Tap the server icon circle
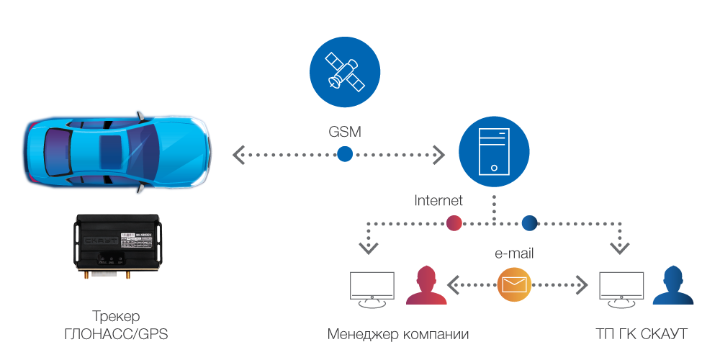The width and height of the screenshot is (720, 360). coord(494,153)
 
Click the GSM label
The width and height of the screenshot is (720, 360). coord(344,132)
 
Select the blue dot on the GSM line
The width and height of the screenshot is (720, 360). coord(346,153)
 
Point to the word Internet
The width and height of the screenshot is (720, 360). coord(438,201)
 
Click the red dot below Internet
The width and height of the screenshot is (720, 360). coord(454,222)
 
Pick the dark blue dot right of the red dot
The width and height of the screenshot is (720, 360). coord(530,222)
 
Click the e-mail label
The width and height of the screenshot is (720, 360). coord(513,253)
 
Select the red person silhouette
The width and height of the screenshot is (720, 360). coord(421,287)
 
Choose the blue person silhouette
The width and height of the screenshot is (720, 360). coord(672,287)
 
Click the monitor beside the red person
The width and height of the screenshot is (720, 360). coord(372,289)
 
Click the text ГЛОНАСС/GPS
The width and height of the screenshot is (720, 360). coord(116,334)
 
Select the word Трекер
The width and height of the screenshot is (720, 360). coord(116,317)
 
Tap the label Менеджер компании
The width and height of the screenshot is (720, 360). coord(398,334)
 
